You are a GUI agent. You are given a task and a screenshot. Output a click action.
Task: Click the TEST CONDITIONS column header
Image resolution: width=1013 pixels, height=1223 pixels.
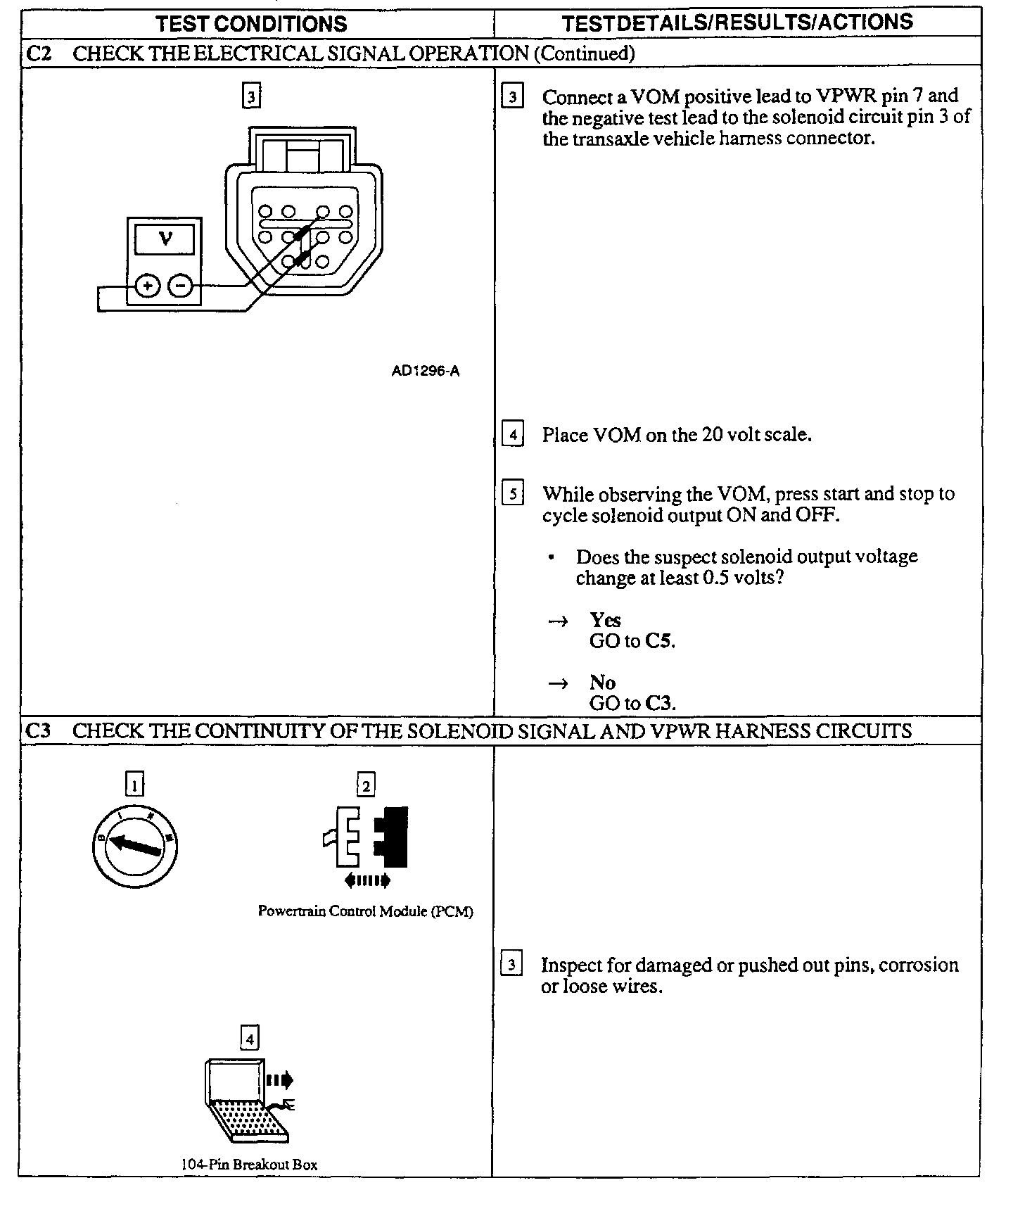point(251,23)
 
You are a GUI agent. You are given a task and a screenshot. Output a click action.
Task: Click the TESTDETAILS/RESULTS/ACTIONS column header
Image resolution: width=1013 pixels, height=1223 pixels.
point(737,23)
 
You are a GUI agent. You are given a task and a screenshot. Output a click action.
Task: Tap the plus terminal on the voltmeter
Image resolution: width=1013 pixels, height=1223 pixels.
point(148,286)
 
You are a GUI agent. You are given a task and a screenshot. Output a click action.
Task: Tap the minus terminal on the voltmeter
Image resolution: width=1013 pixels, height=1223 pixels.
point(181,286)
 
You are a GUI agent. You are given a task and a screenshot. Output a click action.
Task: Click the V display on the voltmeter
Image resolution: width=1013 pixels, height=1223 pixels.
point(165,239)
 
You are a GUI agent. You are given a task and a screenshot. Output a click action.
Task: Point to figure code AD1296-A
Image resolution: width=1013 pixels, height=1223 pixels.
point(425,371)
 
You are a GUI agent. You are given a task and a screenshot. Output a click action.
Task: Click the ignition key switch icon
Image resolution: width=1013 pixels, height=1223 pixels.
point(134,845)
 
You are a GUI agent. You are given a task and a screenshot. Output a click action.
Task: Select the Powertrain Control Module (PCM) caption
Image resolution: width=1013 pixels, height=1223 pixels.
point(365,911)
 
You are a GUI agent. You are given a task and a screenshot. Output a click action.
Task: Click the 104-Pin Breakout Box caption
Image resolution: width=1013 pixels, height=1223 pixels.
point(249,1165)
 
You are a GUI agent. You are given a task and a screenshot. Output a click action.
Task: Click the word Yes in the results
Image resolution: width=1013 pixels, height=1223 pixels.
point(605,620)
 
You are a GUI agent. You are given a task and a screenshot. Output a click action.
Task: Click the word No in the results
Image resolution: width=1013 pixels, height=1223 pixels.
point(602,683)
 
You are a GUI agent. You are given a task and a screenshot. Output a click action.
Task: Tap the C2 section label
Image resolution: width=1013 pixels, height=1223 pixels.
point(38,53)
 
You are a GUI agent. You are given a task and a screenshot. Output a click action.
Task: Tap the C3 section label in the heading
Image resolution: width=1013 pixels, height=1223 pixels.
point(38,730)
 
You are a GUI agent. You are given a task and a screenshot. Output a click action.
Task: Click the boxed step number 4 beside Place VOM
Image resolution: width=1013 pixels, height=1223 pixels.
point(513,434)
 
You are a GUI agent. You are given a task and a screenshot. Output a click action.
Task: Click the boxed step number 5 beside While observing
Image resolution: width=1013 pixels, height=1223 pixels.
point(513,494)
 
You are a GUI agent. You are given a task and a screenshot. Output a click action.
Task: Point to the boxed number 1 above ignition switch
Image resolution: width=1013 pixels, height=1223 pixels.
point(134,784)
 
